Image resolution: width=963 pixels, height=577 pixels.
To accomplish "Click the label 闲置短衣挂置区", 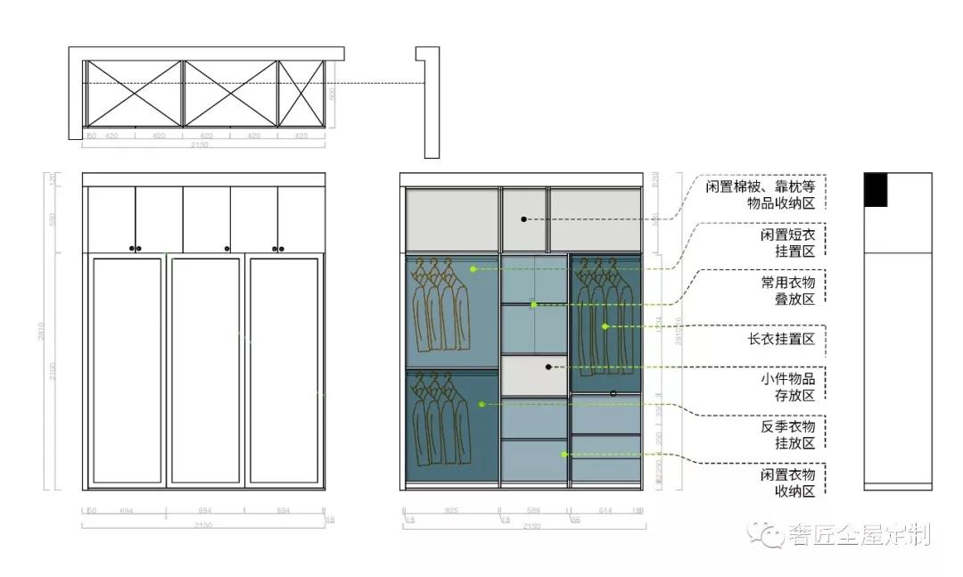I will [x=787, y=243].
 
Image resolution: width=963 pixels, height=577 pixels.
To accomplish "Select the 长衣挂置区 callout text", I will [x=781, y=340].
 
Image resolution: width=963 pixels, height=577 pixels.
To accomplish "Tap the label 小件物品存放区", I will [x=787, y=387].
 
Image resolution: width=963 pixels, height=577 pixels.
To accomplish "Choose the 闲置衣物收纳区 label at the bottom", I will [x=787, y=482].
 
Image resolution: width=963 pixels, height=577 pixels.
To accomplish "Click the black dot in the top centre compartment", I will [x=524, y=218].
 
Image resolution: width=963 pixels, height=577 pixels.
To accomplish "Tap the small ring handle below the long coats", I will [x=613, y=393].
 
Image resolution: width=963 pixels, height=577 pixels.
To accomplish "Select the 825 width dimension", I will [x=451, y=512].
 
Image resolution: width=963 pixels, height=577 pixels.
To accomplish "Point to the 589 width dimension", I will [x=534, y=512].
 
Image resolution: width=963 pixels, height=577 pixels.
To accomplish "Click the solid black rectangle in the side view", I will [x=876, y=190].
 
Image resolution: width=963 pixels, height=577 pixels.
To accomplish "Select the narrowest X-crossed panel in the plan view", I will [x=300, y=93].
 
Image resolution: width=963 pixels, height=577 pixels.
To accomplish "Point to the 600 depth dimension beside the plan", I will [x=333, y=94].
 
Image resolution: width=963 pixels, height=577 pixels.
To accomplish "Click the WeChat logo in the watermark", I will [x=764, y=534].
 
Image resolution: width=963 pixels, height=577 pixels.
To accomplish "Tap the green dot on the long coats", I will [x=605, y=326].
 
